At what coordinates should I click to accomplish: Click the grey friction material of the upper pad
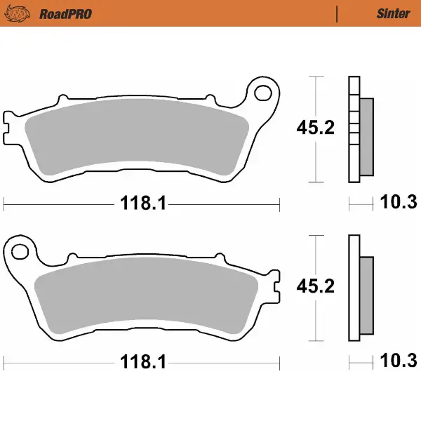[x=137, y=137]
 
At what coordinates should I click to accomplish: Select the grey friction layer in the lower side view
[x=366, y=295]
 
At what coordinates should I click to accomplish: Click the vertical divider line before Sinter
[x=338, y=13]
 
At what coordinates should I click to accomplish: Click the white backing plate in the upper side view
[x=354, y=130]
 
